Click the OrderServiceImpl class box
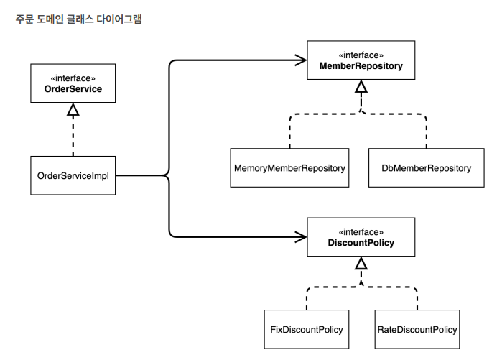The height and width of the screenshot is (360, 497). tap(73, 175)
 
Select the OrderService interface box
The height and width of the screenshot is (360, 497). tap(73, 83)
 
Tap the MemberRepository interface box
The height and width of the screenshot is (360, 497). tap(361, 60)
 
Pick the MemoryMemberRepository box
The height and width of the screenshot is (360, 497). tap(289, 168)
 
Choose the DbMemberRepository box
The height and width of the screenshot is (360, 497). tap(427, 168)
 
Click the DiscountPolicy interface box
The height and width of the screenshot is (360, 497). tap(361, 237)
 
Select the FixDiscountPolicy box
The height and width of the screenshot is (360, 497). tap(307, 329)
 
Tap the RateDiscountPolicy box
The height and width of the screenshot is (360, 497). tap(417, 329)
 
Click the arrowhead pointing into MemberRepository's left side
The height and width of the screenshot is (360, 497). tap(301, 60)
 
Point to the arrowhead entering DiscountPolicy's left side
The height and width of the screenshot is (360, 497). tap(301, 237)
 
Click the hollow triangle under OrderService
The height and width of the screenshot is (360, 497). tap(73, 109)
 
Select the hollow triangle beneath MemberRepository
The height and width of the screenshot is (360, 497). tap(361, 86)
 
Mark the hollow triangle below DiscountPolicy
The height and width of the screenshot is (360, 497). tap(361, 263)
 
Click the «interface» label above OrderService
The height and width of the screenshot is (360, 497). tap(73, 78)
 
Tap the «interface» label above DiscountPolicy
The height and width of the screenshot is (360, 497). tap(361, 232)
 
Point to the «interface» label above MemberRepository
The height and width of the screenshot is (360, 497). tap(361, 55)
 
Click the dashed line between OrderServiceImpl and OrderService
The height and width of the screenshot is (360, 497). tap(73, 136)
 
